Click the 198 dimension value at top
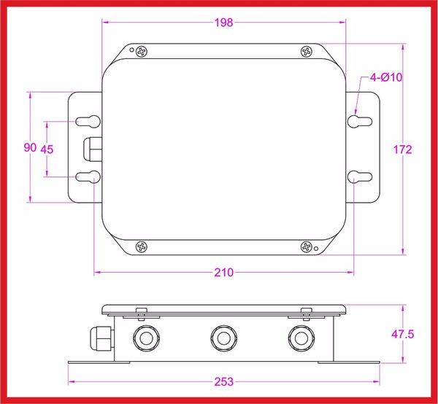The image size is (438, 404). pyautogui.click(x=224, y=23)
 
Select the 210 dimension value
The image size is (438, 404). pyautogui.click(x=224, y=273)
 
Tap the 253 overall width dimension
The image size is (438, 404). pyautogui.click(x=224, y=381)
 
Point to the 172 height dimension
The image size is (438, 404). pyautogui.click(x=403, y=149)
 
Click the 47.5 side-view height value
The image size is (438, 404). pyautogui.click(x=403, y=334)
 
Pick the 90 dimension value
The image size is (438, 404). pyautogui.click(x=30, y=148)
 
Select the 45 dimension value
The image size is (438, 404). pyautogui.click(x=47, y=149)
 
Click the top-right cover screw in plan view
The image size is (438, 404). pyautogui.click(x=306, y=51)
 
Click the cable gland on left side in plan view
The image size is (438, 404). pyautogui.click(x=91, y=149)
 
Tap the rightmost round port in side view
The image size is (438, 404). pyautogui.click(x=299, y=336)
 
